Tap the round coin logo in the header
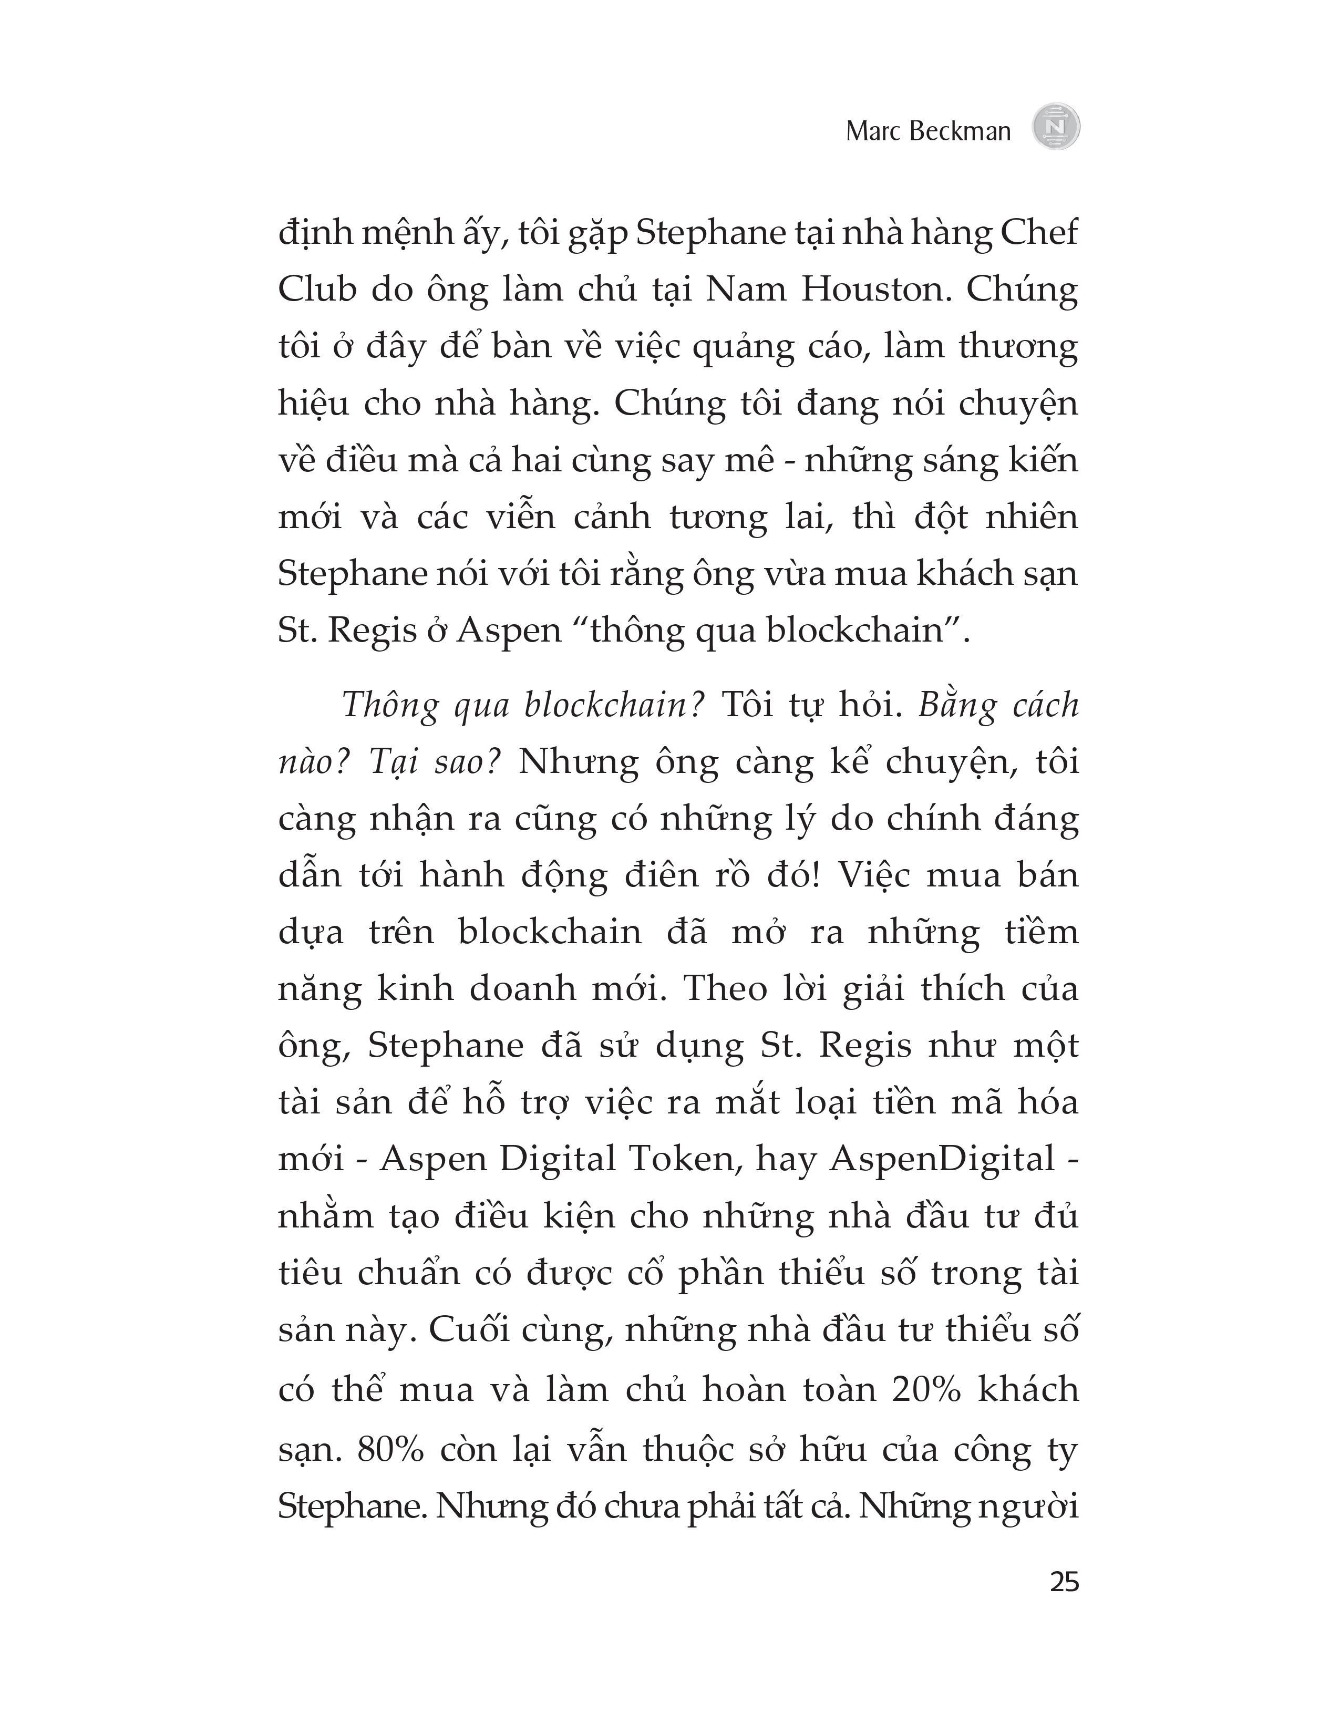click(1056, 127)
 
